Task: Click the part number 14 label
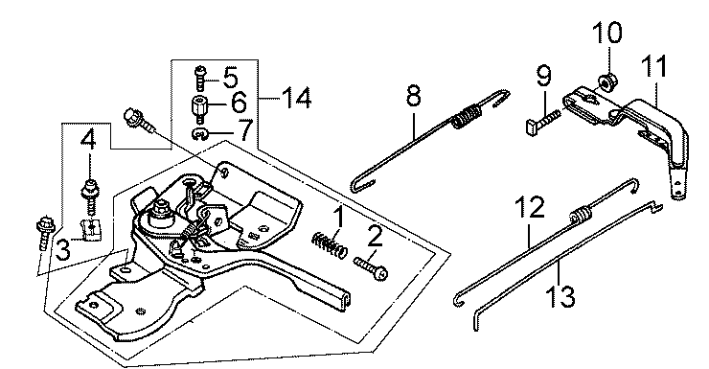click(x=296, y=98)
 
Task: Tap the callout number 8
click(x=414, y=95)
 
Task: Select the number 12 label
click(x=530, y=207)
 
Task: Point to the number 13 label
click(x=560, y=296)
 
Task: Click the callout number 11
click(x=654, y=65)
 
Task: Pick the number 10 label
click(x=607, y=32)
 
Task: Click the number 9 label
click(x=544, y=75)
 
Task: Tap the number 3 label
click(x=63, y=249)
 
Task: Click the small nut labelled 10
click(x=604, y=81)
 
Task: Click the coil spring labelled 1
click(x=330, y=244)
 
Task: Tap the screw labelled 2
click(x=371, y=268)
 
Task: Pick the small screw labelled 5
click(x=200, y=79)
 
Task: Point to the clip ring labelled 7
click(x=199, y=134)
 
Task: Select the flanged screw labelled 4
click(x=90, y=196)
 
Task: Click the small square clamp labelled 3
click(x=92, y=227)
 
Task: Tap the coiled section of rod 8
click(x=466, y=116)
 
